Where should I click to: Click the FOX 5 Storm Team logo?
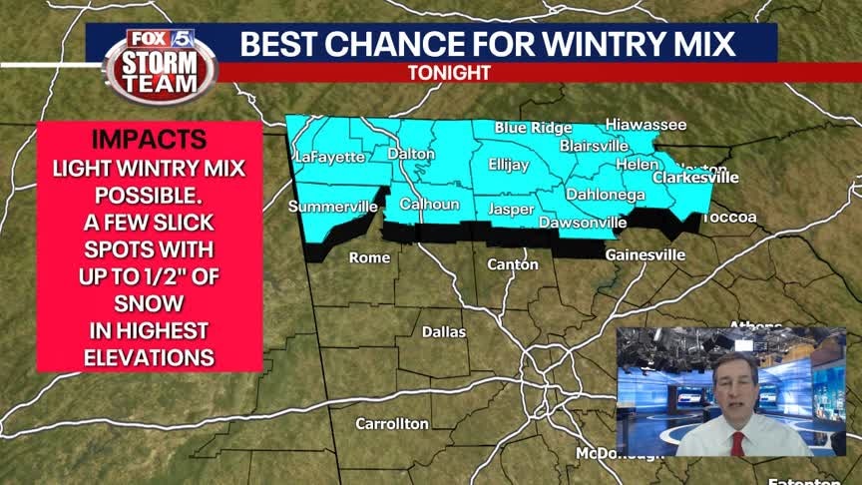pyautogui.click(x=160, y=63)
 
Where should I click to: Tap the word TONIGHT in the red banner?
pyautogui.click(x=449, y=73)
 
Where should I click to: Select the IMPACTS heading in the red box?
pyautogui.click(x=150, y=139)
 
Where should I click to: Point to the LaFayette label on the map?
pyautogui.click(x=330, y=157)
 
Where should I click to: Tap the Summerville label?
pyautogui.click(x=333, y=207)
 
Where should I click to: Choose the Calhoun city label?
pyautogui.click(x=429, y=205)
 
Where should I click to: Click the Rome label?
pyautogui.click(x=369, y=257)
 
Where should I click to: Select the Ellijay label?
pyautogui.click(x=508, y=165)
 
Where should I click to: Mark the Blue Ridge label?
pyautogui.click(x=534, y=128)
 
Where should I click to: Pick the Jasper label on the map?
pyautogui.click(x=511, y=210)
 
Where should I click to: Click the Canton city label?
pyautogui.click(x=513, y=264)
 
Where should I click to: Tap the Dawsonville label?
pyautogui.click(x=583, y=223)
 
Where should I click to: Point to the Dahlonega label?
pyautogui.click(x=606, y=195)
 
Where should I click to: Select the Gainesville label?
pyautogui.click(x=646, y=255)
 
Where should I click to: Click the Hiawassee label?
pyautogui.click(x=646, y=125)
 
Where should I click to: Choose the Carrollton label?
pyautogui.click(x=392, y=424)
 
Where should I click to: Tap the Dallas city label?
pyautogui.click(x=444, y=331)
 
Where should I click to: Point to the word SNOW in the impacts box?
pyautogui.click(x=149, y=301)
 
